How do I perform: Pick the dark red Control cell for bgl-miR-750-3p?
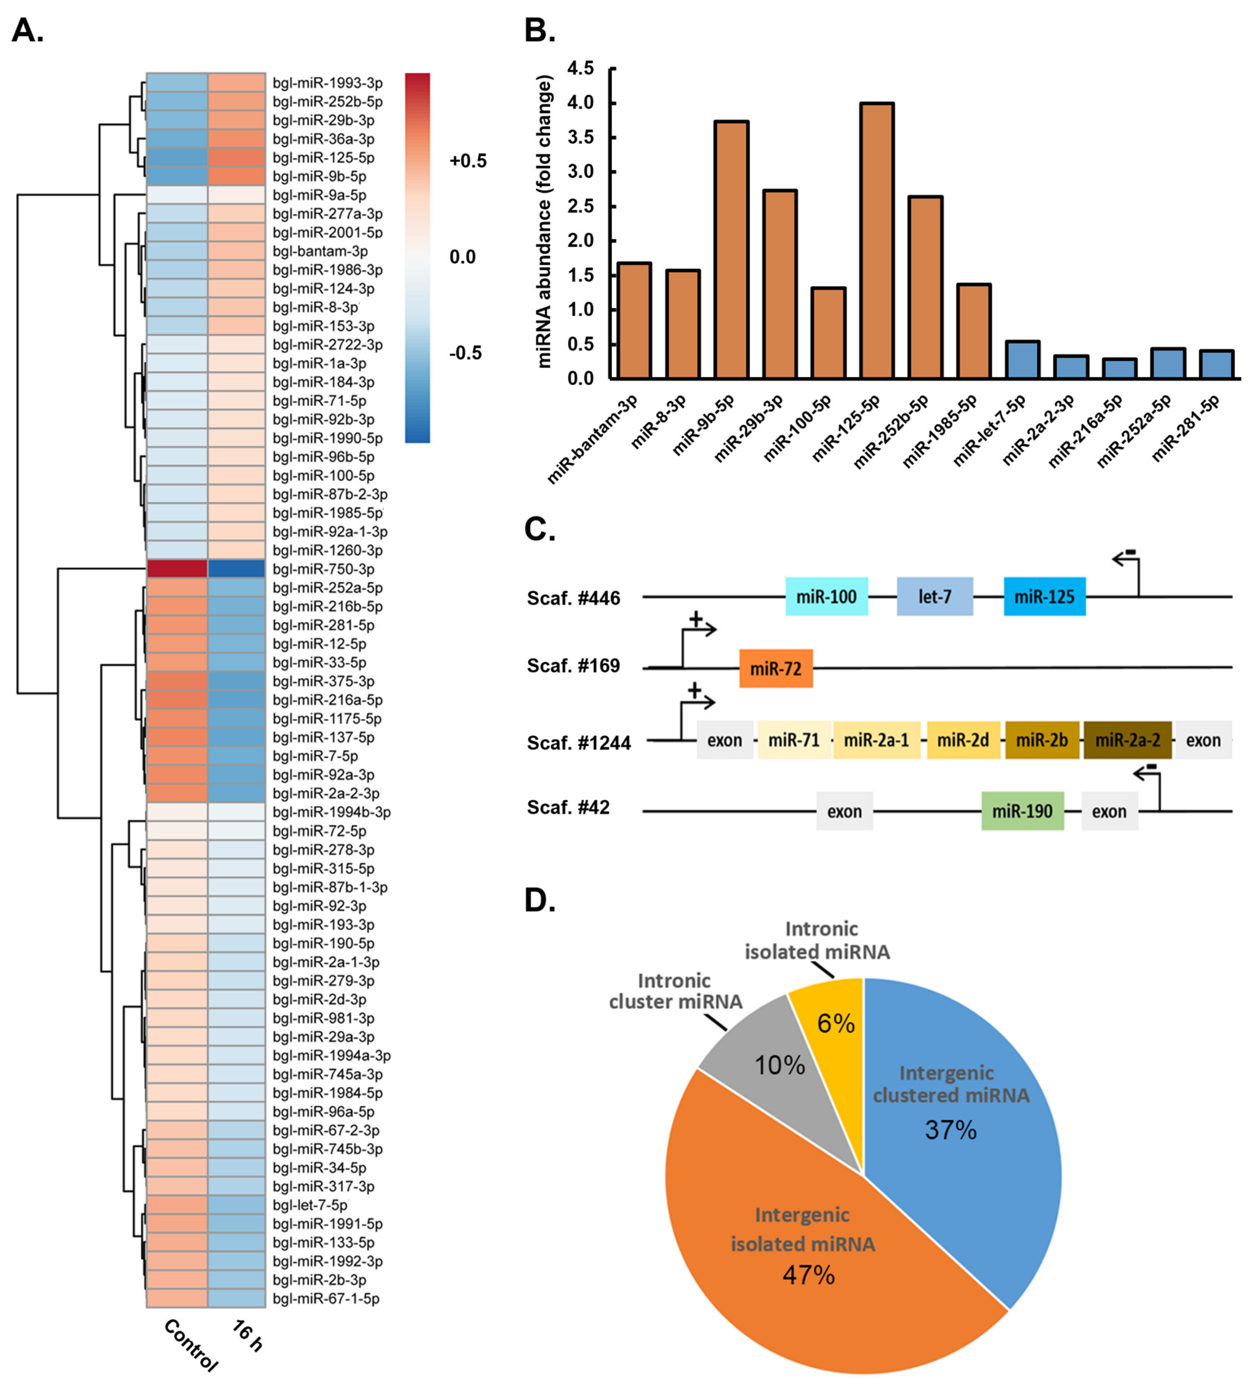pos(177,569)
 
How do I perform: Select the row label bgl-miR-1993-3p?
pos(328,83)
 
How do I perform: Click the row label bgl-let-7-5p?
pos(310,1205)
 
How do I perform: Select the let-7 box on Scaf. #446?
pos(935,596)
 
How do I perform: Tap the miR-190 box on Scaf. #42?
pos(1022,811)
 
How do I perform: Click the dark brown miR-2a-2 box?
pos(1127,740)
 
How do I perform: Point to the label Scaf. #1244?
pos(578,743)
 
